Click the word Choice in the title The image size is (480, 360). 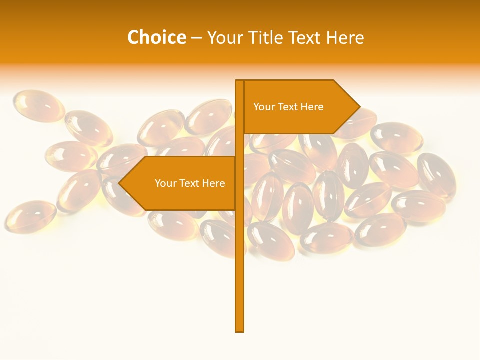pyautogui.click(x=156, y=37)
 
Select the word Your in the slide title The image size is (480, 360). pyautogui.click(x=224, y=38)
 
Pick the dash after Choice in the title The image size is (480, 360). pyautogui.click(x=196, y=38)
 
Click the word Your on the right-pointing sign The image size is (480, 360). pyautogui.click(x=263, y=107)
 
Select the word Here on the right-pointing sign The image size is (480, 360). pyautogui.click(x=312, y=107)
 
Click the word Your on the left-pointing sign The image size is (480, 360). pyautogui.click(x=165, y=183)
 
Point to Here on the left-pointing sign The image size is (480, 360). pyautogui.click(x=214, y=183)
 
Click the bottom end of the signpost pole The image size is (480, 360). pyautogui.click(x=240, y=329)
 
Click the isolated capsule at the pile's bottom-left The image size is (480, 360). pyautogui.click(x=30, y=216)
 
